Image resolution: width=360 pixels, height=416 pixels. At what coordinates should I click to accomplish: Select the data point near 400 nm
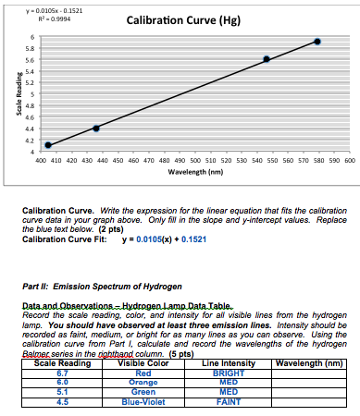click(48, 144)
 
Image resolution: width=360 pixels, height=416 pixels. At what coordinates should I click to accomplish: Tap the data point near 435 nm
click(96, 128)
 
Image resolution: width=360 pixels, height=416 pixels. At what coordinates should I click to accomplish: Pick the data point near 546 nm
click(267, 59)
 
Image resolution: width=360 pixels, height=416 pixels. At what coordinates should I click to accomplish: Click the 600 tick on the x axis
click(350, 159)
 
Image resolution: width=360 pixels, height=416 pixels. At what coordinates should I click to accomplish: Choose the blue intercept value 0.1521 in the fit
click(195, 239)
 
